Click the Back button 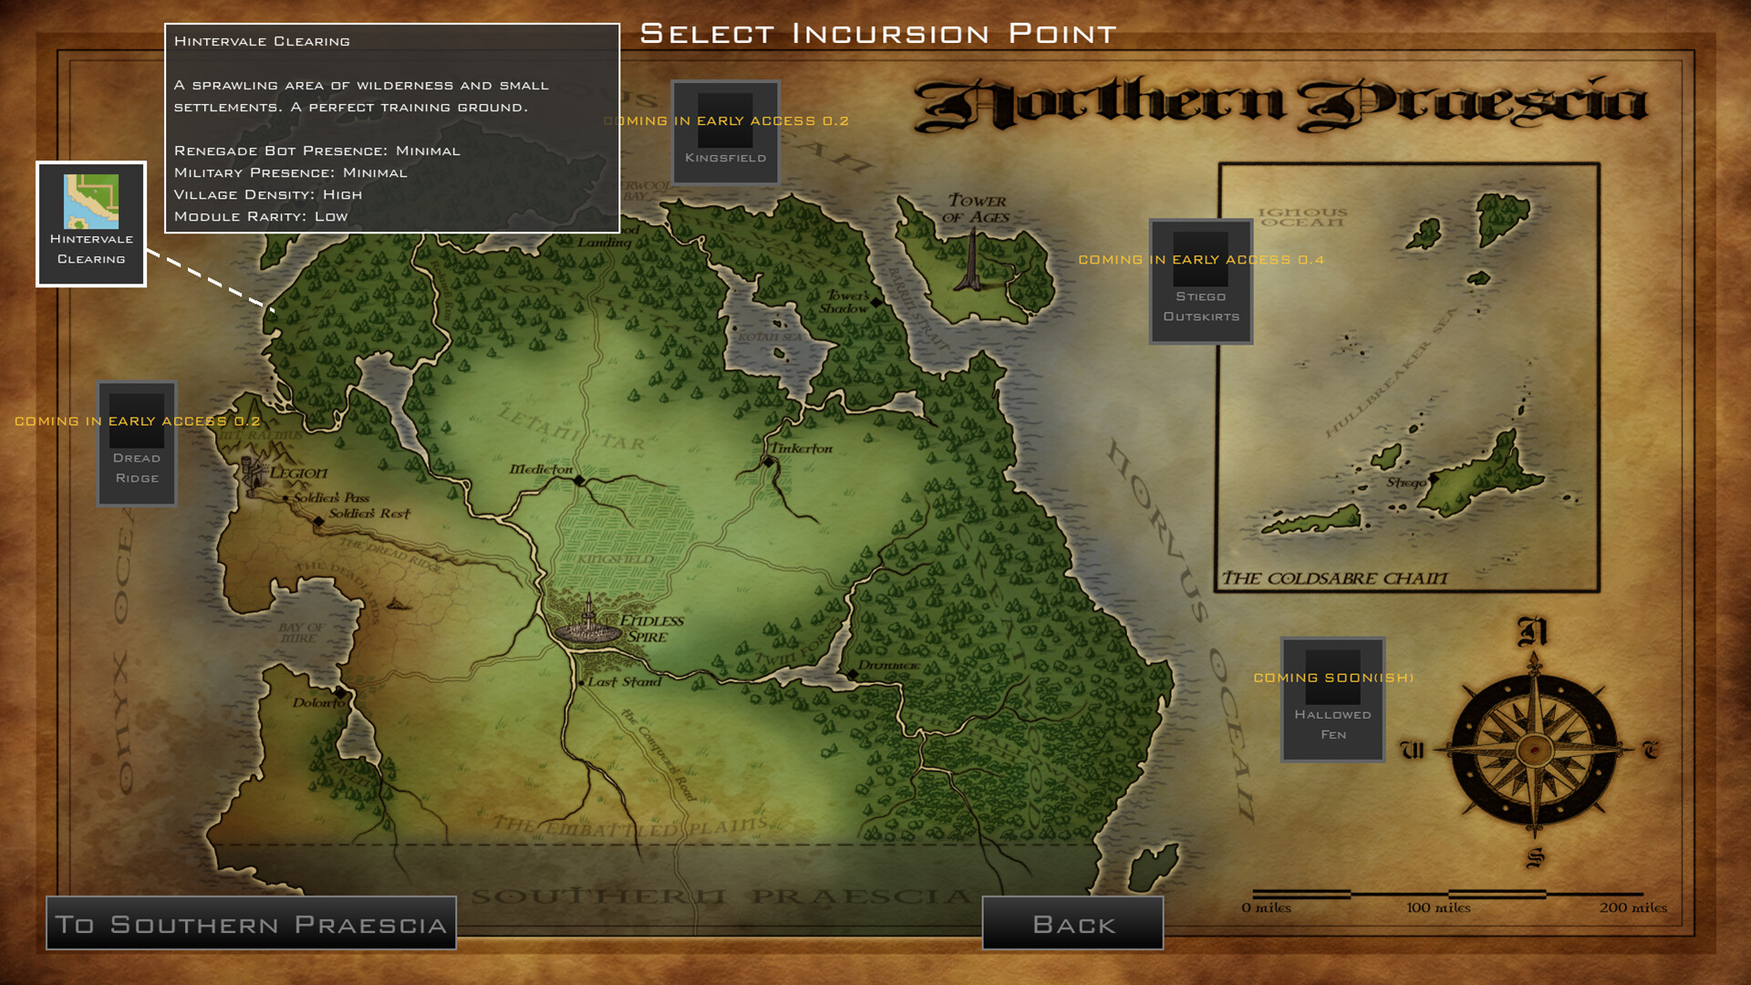tap(1072, 924)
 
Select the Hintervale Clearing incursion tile tap(91, 224)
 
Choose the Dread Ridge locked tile tap(137, 443)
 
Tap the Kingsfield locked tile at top tap(725, 133)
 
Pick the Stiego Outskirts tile tap(1200, 282)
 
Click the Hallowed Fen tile tap(1332, 700)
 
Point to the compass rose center tap(1534, 750)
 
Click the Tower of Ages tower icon tap(973, 260)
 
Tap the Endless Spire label tap(651, 628)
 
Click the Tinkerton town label tap(801, 449)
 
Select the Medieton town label tap(541, 469)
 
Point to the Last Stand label tap(624, 681)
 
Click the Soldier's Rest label tap(369, 513)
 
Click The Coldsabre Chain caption tap(1334, 578)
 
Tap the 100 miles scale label tap(1438, 907)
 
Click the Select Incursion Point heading tap(878, 34)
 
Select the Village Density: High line tap(268, 194)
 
